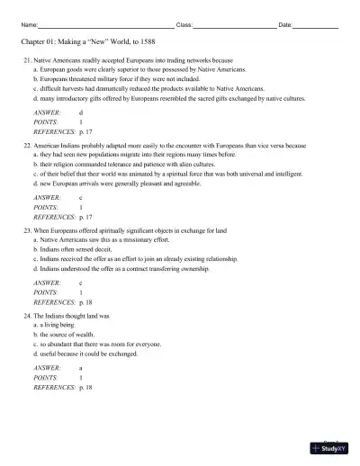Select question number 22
click(28, 145)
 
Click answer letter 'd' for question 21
click(81, 112)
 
